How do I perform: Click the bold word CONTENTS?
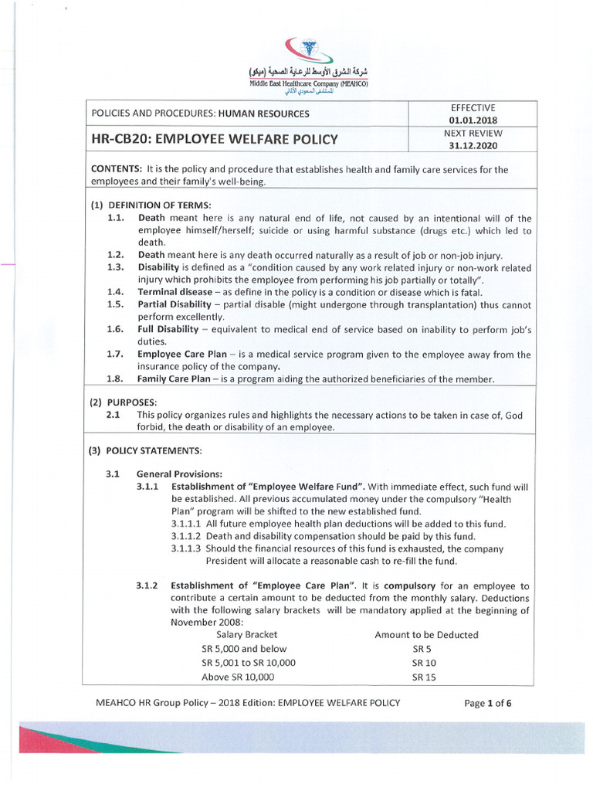click(x=117, y=169)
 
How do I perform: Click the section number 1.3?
click(x=115, y=267)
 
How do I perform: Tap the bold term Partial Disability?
click(x=175, y=304)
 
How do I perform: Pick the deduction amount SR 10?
click(x=424, y=663)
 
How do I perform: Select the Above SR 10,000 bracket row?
click(x=238, y=677)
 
